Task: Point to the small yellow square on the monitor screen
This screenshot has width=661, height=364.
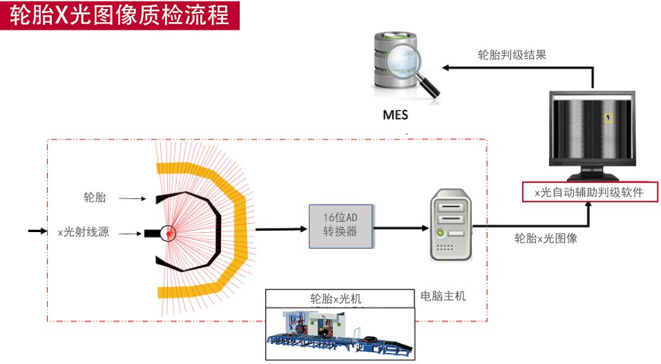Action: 608,118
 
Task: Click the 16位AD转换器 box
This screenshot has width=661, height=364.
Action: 341,226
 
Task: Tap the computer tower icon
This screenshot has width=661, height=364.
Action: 450,226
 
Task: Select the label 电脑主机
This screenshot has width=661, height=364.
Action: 443,296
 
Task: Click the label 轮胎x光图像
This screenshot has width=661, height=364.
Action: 545,239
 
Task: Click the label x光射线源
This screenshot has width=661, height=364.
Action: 84,233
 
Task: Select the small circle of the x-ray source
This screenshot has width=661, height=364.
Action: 168,233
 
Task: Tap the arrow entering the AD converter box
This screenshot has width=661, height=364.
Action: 276,226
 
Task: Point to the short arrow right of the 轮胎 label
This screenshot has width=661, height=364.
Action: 132,199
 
